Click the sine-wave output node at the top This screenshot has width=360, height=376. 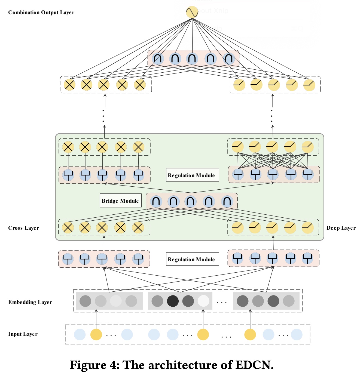(192, 12)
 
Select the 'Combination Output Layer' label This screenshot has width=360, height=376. (41, 13)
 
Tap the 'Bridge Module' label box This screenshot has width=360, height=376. (120, 201)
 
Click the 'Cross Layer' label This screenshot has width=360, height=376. (23, 228)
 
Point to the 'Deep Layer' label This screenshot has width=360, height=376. (341, 228)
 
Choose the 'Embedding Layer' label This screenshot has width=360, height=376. (30, 302)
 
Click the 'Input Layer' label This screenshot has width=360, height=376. (23, 334)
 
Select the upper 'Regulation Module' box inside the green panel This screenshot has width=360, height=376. (192, 175)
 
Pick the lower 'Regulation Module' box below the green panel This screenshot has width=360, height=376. (192, 259)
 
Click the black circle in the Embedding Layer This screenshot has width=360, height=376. (173, 301)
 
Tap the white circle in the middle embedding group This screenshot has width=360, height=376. (203, 301)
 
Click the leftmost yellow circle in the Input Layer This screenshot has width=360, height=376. (96, 335)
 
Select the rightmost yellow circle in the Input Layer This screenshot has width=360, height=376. (250, 335)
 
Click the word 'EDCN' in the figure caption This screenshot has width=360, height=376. (254, 365)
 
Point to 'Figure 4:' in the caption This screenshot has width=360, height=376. (94, 365)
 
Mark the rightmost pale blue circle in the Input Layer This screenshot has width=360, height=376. (297, 335)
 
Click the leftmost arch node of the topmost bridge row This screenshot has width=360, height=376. (158, 58)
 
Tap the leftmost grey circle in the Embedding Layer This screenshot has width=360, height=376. (85, 301)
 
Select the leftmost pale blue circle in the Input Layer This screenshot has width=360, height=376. (80, 335)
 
